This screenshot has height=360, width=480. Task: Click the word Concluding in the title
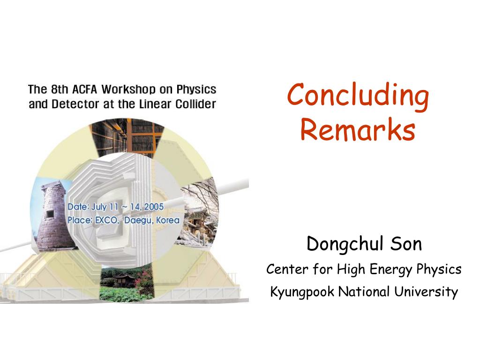point(358,95)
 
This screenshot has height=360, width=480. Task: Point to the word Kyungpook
point(302,292)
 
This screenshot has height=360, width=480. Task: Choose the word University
point(426,292)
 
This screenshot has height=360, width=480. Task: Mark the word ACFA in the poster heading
point(81,89)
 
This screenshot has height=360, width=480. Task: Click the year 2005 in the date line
point(154,207)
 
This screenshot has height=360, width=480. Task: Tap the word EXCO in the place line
point(107,220)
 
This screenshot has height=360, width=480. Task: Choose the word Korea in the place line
point(167,220)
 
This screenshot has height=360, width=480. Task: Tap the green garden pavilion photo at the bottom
point(127,281)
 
